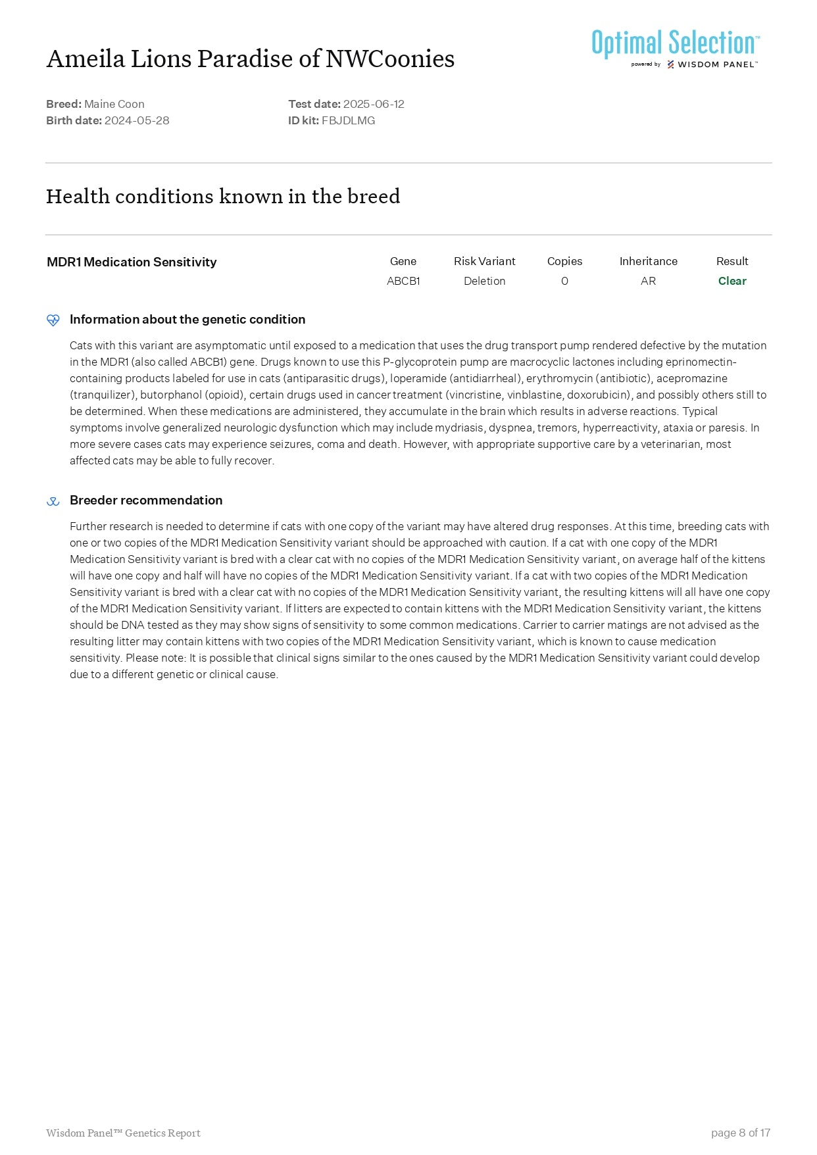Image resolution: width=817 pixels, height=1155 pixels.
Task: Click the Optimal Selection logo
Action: [675, 48]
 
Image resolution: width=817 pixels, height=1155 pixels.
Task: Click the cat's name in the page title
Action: [250, 59]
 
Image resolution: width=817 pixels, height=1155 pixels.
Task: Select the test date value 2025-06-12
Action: [374, 104]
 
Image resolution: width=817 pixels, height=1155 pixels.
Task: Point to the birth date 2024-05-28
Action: [137, 120]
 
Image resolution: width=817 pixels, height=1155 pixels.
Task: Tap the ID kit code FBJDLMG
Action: [348, 120]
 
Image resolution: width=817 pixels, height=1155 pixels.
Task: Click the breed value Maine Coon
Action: [114, 104]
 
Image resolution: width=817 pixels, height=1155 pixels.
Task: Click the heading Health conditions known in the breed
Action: [223, 196]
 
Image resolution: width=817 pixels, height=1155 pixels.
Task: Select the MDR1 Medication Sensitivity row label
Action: [132, 262]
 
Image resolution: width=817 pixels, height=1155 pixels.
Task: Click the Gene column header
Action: [403, 261]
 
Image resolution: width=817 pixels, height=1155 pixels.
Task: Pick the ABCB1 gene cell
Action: [403, 281]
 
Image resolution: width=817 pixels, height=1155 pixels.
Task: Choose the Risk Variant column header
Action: [484, 261]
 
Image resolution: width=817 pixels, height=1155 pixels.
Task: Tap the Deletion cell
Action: [484, 281]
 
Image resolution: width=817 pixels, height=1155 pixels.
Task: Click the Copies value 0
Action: [564, 281]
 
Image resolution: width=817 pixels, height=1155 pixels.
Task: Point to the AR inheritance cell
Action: [648, 281]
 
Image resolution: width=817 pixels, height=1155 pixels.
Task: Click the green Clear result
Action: [732, 281]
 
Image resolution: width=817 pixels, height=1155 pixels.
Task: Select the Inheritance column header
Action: [648, 261]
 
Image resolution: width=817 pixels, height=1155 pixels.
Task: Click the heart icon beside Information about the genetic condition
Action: [53, 320]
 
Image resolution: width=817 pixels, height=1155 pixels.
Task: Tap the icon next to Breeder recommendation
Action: [53, 501]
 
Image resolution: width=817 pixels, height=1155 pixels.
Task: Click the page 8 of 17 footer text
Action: [740, 1133]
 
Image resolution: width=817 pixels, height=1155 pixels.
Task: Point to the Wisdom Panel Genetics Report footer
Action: [123, 1133]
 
